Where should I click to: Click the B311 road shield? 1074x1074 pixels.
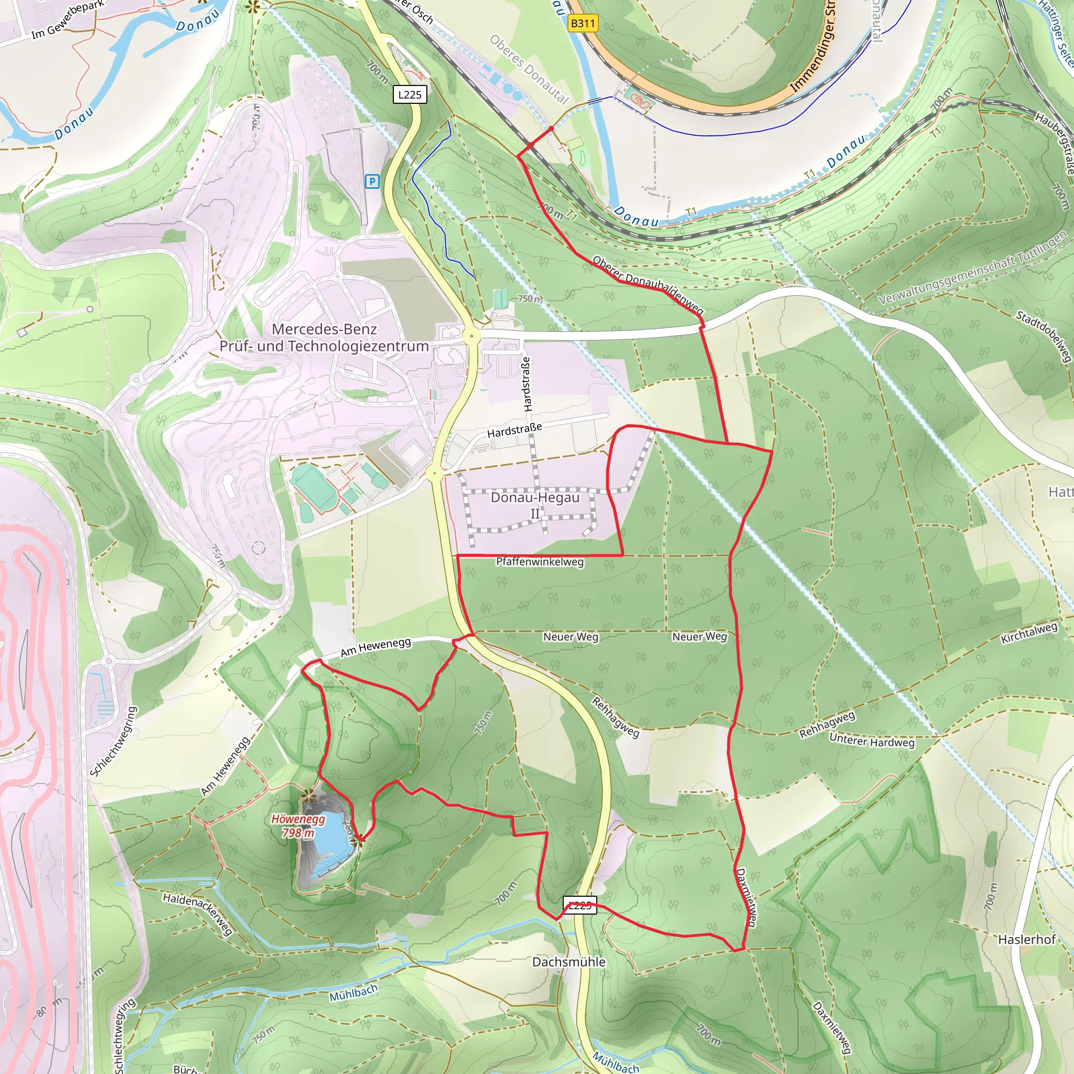[583, 24]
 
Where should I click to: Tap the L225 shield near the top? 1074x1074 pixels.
[410, 94]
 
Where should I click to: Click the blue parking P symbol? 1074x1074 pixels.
[372, 181]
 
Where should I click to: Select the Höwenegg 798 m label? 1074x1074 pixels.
[298, 825]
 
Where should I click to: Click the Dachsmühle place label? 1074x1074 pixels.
[568, 962]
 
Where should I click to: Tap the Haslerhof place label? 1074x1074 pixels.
[1026, 939]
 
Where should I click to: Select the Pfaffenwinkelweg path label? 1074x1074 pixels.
[540, 562]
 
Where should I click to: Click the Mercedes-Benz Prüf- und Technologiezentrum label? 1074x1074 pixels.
[324, 337]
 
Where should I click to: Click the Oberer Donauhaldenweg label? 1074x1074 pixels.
[648, 285]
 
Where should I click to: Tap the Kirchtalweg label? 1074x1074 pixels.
[1029, 633]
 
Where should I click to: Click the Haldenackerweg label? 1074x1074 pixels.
[197, 914]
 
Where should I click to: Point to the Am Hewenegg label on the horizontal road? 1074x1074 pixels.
[376, 647]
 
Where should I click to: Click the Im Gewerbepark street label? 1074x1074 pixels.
[67, 20]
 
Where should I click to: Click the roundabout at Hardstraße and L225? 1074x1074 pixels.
[435, 474]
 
